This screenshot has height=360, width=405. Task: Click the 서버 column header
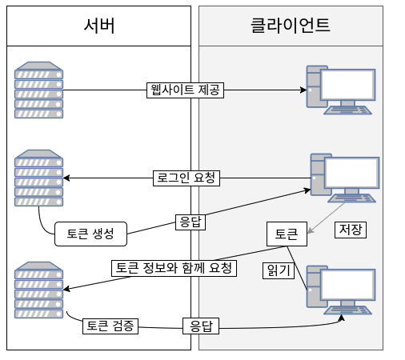pyautogui.click(x=98, y=26)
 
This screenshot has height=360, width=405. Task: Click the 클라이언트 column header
pyautogui.click(x=291, y=26)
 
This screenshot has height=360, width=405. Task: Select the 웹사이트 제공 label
pyautogui.click(x=185, y=90)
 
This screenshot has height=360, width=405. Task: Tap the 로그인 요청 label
pyautogui.click(x=186, y=178)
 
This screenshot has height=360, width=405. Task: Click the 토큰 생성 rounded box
pyautogui.click(x=90, y=234)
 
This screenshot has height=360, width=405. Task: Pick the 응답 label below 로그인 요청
pyautogui.click(x=190, y=222)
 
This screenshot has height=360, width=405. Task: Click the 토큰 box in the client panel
pyautogui.click(x=287, y=234)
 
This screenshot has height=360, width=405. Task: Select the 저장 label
pyautogui.click(x=351, y=230)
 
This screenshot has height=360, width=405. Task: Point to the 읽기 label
pyautogui.click(x=279, y=270)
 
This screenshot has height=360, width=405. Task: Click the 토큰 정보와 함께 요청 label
pyautogui.click(x=174, y=268)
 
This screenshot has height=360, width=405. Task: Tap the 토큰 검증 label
pyautogui.click(x=110, y=326)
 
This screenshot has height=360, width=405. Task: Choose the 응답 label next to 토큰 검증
pyautogui.click(x=201, y=326)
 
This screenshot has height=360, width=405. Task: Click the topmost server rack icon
pyautogui.click(x=38, y=90)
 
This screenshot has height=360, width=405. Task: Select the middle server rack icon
pyautogui.click(x=38, y=178)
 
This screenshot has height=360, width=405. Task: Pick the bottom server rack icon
pyautogui.click(x=38, y=290)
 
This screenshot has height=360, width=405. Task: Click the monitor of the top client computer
pyautogui.click(x=348, y=85)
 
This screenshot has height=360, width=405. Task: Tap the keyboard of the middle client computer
pyautogui.click(x=351, y=198)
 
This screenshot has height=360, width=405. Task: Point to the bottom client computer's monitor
pyautogui.click(x=348, y=285)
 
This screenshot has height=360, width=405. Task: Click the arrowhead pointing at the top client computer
pyautogui.click(x=303, y=90)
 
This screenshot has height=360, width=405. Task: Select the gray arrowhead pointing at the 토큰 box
pyautogui.click(x=311, y=230)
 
